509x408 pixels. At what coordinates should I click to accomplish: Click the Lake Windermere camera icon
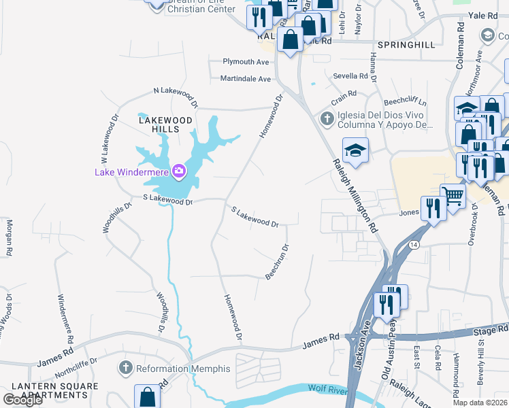pos(179,170)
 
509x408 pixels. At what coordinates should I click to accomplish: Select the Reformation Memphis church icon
pos(125,369)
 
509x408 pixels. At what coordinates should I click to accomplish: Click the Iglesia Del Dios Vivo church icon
pos(327,120)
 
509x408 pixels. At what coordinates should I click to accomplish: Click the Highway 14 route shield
pos(412,244)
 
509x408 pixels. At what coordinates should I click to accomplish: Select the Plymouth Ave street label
pos(246,62)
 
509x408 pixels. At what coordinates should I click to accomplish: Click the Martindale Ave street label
pos(245,79)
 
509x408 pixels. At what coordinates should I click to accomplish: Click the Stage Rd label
pos(490,331)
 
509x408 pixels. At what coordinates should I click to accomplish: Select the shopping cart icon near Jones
pos(452,196)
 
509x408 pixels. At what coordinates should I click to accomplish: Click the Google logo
pos(22,400)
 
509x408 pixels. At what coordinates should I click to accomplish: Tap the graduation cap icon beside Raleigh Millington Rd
pos(355,150)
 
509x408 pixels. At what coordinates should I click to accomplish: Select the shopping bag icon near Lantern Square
pos(148,396)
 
